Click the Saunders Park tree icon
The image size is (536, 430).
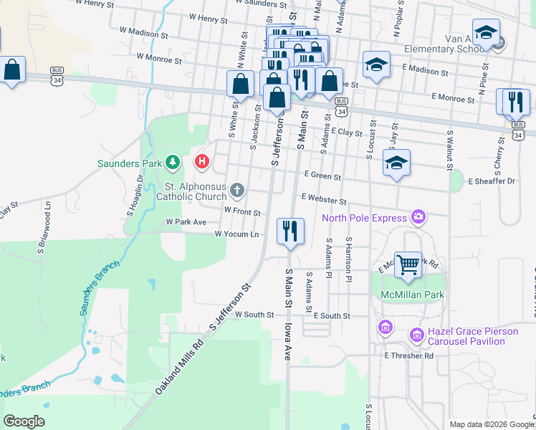point(172,163)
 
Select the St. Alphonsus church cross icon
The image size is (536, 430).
point(237,190)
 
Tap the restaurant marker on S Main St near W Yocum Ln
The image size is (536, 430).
point(290,231)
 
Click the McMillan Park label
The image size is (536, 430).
point(412,295)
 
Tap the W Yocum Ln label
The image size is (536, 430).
point(237,234)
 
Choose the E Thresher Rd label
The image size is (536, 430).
point(408,355)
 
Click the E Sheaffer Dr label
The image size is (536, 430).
point(492,181)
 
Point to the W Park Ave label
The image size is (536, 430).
point(186,222)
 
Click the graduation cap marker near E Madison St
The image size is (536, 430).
point(376,64)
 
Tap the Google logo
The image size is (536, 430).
point(24,421)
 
